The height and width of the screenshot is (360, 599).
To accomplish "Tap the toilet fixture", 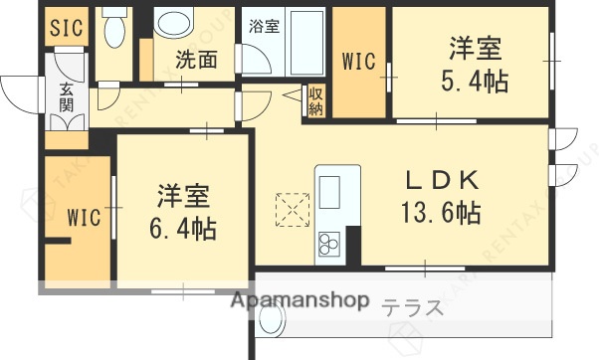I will click(114, 31).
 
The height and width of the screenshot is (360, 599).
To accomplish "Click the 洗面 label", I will click(198, 61).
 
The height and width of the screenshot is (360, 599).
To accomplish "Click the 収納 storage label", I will click(316, 99).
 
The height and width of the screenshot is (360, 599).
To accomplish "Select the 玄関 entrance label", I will click(66, 96).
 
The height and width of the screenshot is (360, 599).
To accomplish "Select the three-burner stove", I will click(328, 242).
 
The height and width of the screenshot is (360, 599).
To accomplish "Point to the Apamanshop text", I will click(299, 301).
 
